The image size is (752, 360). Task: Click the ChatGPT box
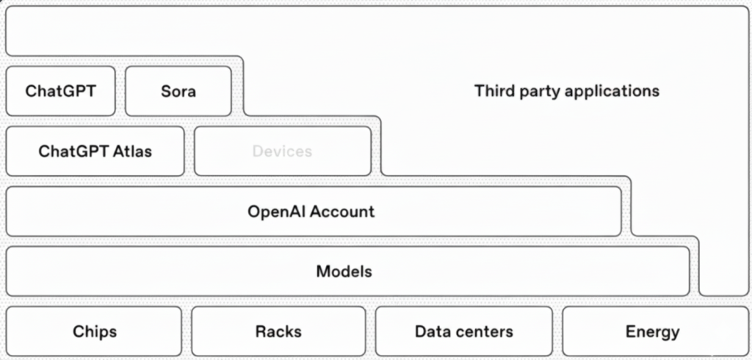pos(60,91)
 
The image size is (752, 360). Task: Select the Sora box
pos(178,91)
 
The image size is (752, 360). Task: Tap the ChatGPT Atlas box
pos(95,151)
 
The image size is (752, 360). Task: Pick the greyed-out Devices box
pos(282,151)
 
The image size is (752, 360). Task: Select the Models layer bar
pos(345,271)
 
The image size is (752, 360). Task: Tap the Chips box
pos(94,331)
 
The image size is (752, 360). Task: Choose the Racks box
pos(278,331)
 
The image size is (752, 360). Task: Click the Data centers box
pos(463,331)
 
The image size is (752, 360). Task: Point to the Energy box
pos(652,331)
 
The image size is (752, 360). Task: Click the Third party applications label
pos(566,91)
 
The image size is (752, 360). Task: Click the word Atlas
pos(133,151)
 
